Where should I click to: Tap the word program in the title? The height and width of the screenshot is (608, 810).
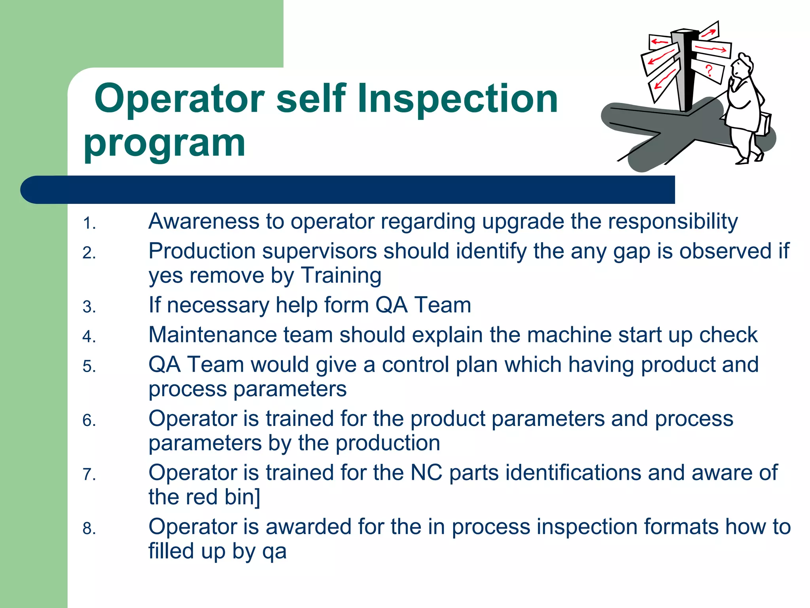pyautogui.click(x=165, y=143)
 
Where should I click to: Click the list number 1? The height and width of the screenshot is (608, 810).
pyautogui.click(x=89, y=224)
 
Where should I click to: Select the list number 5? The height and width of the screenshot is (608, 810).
pyautogui.click(x=89, y=367)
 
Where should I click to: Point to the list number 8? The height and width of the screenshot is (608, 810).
pyautogui.click(x=89, y=529)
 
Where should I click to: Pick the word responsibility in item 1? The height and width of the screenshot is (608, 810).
pyautogui.click(x=672, y=222)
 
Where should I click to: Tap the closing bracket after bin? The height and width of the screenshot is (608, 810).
pyautogui.click(x=257, y=497)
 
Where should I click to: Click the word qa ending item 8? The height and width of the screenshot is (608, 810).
pyautogui.click(x=274, y=552)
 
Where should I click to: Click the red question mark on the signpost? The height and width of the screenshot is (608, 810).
pyautogui.click(x=709, y=70)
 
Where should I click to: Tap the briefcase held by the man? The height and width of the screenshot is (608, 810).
pyautogui.click(x=764, y=125)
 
